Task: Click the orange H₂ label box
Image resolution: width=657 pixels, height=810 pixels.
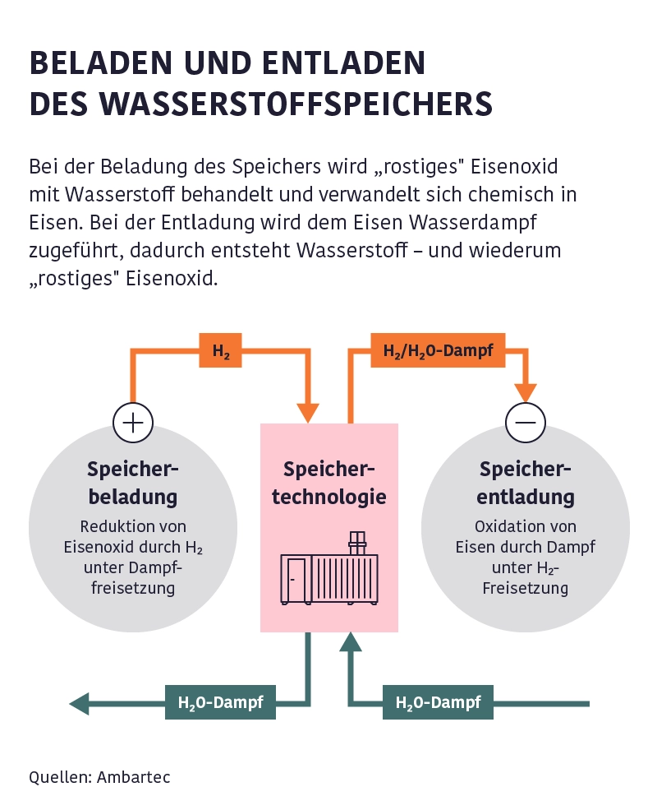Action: click(x=221, y=350)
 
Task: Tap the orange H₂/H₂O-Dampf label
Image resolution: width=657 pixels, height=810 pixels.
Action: click(x=438, y=350)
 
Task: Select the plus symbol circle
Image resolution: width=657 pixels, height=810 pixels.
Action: click(x=133, y=423)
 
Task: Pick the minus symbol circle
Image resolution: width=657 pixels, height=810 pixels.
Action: click(x=525, y=423)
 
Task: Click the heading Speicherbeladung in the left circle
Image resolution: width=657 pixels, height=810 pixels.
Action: click(x=133, y=483)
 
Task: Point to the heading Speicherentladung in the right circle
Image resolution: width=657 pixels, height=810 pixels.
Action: click(x=526, y=483)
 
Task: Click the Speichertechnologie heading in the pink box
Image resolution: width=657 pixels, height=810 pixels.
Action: click(x=328, y=483)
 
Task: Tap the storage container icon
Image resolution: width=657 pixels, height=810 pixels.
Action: click(x=330, y=576)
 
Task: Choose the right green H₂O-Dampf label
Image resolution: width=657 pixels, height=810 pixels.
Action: click(x=438, y=703)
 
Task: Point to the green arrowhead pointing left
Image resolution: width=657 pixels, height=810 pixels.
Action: click(x=80, y=703)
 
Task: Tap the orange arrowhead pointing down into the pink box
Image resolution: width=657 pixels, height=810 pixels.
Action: click(x=308, y=412)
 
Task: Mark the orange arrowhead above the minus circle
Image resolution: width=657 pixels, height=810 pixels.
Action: click(x=525, y=393)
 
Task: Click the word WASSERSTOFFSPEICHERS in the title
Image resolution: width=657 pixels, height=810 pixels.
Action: click(x=295, y=104)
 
